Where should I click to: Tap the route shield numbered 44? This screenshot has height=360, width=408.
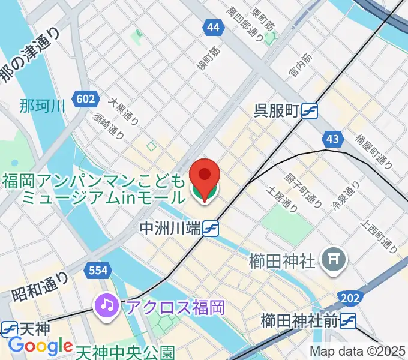[212, 28]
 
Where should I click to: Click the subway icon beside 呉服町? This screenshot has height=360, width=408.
[310, 110]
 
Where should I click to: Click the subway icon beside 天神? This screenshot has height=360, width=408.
[9, 328]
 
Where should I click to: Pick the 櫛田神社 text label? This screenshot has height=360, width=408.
[281, 261]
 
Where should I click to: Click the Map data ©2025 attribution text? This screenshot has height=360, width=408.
[357, 352]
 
